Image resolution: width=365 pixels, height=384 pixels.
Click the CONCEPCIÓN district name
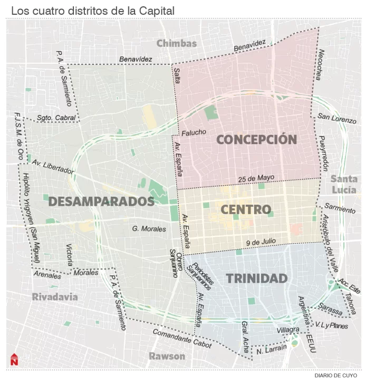tap(257, 140)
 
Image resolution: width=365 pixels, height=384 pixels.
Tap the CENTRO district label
tap(245, 209)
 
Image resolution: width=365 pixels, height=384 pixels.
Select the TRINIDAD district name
tap(257, 279)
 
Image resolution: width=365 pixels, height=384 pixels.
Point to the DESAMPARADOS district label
tap(101, 201)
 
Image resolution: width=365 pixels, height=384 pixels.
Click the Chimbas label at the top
tap(176, 43)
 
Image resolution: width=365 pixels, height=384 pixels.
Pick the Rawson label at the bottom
tap(167, 356)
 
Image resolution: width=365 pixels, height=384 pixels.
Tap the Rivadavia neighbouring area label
tap(54, 297)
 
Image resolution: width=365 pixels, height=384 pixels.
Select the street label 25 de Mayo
tap(257, 178)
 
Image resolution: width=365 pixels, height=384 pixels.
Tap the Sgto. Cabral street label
tap(56, 118)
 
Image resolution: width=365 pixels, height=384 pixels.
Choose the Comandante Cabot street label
tap(182, 339)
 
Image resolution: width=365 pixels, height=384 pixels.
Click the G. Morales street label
tap(149, 229)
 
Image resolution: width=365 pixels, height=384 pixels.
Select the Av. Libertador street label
tap(53, 167)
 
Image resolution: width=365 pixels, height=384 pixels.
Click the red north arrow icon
tap(14, 359)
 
